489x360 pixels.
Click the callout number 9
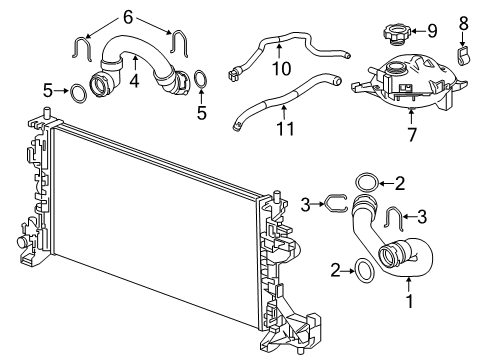coord(432,31)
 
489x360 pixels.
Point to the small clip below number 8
coord(463,50)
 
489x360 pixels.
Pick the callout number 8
coord(463,21)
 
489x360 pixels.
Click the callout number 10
coord(280,69)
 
